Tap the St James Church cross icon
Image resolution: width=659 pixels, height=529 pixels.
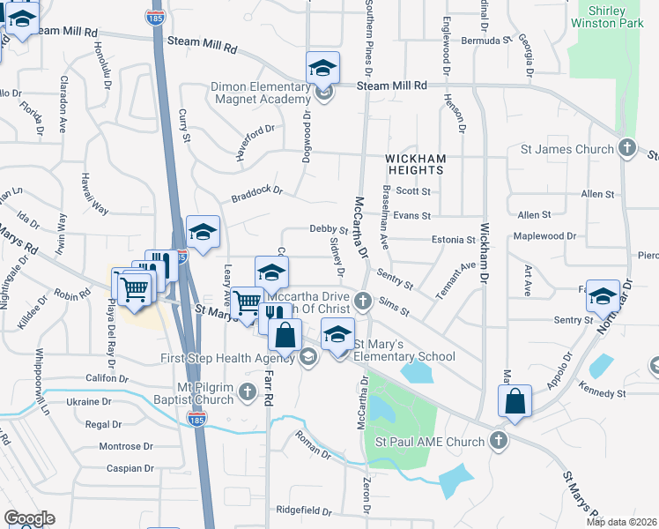(x=626, y=149)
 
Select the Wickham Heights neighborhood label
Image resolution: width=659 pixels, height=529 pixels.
(x=416, y=165)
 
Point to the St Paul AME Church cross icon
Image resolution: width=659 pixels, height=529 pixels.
(x=498, y=442)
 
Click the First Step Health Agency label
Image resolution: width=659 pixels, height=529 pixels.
(x=227, y=357)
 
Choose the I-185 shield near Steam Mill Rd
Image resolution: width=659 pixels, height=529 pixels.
(x=156, y=18)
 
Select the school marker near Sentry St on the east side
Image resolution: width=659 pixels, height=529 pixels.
(x=603, y=298)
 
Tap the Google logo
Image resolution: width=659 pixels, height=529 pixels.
(x=29, y=518)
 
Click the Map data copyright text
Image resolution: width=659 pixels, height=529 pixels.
(x=622, y=522)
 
